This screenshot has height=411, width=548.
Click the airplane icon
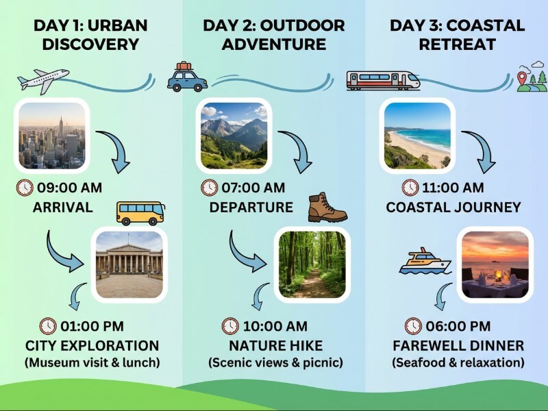tap(43, 80)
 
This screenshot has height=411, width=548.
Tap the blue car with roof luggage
tap(187, 78)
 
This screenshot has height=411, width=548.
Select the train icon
tap(383, 80)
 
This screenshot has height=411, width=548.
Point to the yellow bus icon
tap(140, 213)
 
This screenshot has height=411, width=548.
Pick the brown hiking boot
tap(327, 208)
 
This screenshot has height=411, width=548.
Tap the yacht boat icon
tap(425, 262)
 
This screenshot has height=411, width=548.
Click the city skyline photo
tap(52, 135)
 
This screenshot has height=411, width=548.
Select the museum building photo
tap(129, 264)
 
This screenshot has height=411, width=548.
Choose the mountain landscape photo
tap(234, 135)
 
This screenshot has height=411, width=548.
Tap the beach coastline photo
tap(417, 135)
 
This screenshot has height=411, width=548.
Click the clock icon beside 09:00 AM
tap(24, 188)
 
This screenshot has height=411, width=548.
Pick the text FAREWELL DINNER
tap(458, 345)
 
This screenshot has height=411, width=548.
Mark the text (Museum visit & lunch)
tap(92, 362)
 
